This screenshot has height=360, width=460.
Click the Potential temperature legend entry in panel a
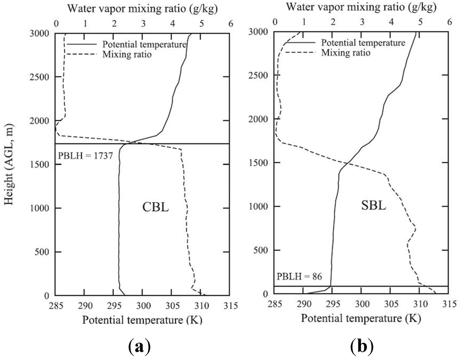(144, 44)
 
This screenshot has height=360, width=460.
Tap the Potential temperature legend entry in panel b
(363, 43)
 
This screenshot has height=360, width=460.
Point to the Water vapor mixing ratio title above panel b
(362, 7)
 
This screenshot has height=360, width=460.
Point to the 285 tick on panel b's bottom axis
(275, 305)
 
